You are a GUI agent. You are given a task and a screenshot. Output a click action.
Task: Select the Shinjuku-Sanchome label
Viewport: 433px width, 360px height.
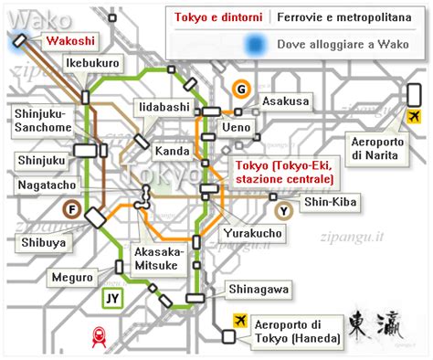(x=42, y=121)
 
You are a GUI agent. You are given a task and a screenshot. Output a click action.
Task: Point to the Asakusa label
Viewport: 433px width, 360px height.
(x=285, y=101)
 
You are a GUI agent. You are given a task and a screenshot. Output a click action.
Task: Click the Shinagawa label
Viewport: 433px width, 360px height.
(x=259, y=290)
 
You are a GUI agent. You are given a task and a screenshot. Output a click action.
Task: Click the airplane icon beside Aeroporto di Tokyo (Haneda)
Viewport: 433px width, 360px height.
(x=240, y=320)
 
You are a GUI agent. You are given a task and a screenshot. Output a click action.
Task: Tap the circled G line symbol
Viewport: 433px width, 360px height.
(x=240, y=90)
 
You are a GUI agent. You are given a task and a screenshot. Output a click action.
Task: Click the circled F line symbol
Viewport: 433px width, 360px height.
(x=69, y=208)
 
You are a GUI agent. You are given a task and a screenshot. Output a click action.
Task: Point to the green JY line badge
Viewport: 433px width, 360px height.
(x=111, y=297)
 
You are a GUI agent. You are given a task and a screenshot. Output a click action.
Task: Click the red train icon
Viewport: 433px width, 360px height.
(x=96, y=337)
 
